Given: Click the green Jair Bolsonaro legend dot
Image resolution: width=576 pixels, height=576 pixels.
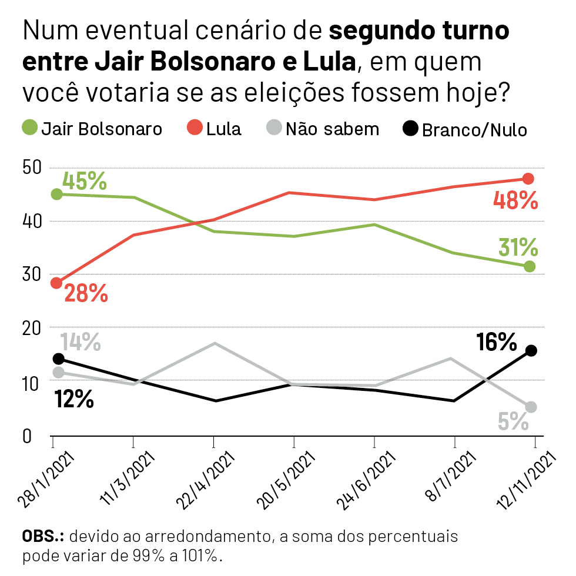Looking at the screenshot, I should (x=29, y=128).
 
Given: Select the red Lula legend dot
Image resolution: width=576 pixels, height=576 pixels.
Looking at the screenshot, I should (x=195, y=128).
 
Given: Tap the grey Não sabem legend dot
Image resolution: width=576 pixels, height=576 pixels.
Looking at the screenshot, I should (x=274, y=128).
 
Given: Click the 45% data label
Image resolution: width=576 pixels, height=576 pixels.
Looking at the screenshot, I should (x=85, y=181).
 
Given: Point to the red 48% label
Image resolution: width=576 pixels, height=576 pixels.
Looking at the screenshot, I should (x=515, y=201).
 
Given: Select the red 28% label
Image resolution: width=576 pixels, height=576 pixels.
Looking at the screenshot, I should (x=86, y=293).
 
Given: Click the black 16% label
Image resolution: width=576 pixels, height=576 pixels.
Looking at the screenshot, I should (x=497, y=341).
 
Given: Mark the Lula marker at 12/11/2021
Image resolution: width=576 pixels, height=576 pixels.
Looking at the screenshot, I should (x=528, y=179).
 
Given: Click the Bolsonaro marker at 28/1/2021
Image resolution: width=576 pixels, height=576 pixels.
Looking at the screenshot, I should (x=56, y=194).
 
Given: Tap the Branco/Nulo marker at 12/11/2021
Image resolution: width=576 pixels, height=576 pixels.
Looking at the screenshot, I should (x=530, y=351).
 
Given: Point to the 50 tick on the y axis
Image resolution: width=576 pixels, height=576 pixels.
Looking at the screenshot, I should (x=33, y=168).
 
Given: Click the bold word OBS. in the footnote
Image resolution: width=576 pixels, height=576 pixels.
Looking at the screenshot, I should (x=44, y=537).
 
